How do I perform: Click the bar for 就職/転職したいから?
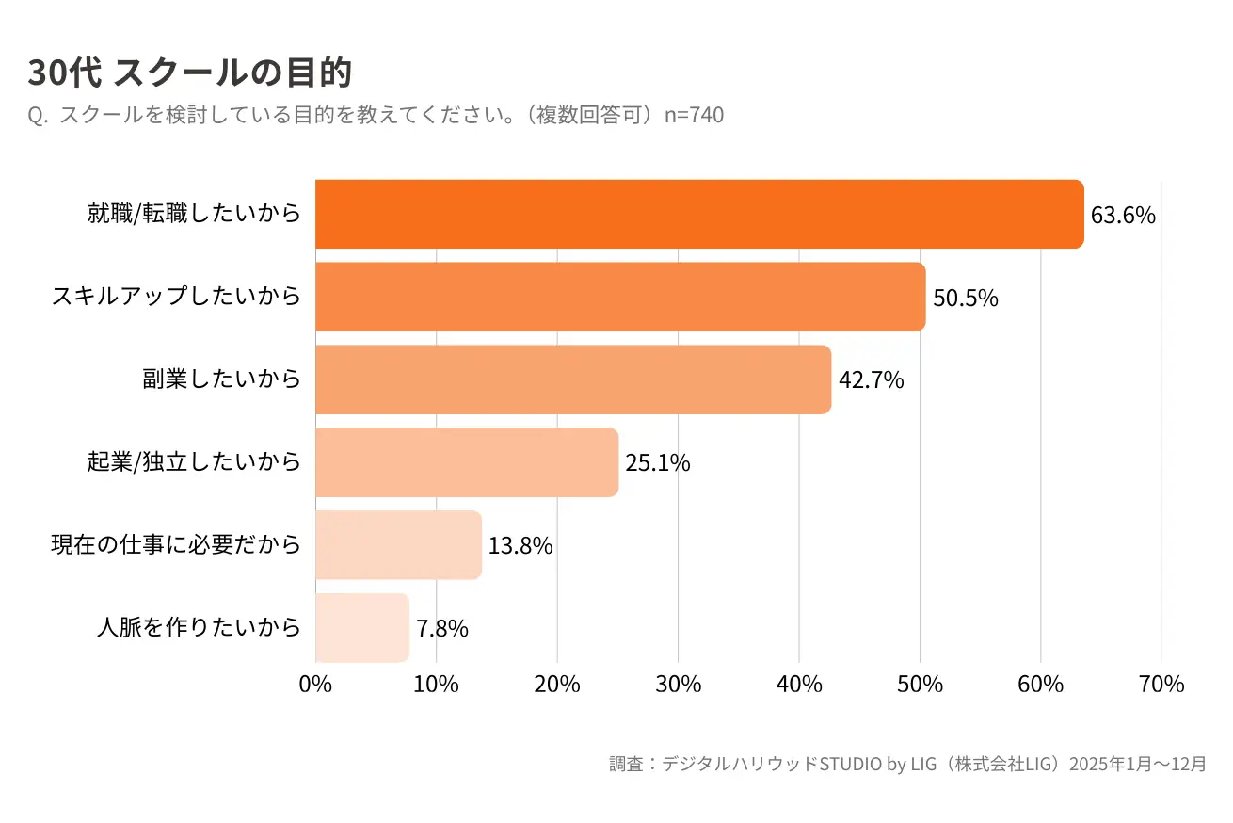tap(699, 214)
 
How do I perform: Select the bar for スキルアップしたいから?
tap(620, 297)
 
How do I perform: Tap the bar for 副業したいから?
tap(573, 379)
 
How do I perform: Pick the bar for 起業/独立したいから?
tap(467, 462)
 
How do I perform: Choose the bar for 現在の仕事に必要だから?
tap(398, 545)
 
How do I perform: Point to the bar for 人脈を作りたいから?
tap(362, 627)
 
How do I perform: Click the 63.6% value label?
tap(1123, 216)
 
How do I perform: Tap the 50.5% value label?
tap(966, 299)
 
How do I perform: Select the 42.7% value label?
tap(872, 380)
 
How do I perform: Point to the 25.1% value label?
tap(658, 463)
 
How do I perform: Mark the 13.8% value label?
tap(520, 546)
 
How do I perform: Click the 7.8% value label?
tap(442, 629)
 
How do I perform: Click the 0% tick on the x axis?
tap(315, 685)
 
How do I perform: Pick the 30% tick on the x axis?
tap(678, 685)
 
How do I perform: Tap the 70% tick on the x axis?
tap(1161, 685)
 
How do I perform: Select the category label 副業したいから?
tap(222, 379)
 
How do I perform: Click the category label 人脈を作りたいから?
tap(199, 627)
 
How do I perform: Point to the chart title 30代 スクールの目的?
tap(190, 73)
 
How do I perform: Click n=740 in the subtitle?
tap(694, 115)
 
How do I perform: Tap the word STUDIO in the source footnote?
tap(851, 764)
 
